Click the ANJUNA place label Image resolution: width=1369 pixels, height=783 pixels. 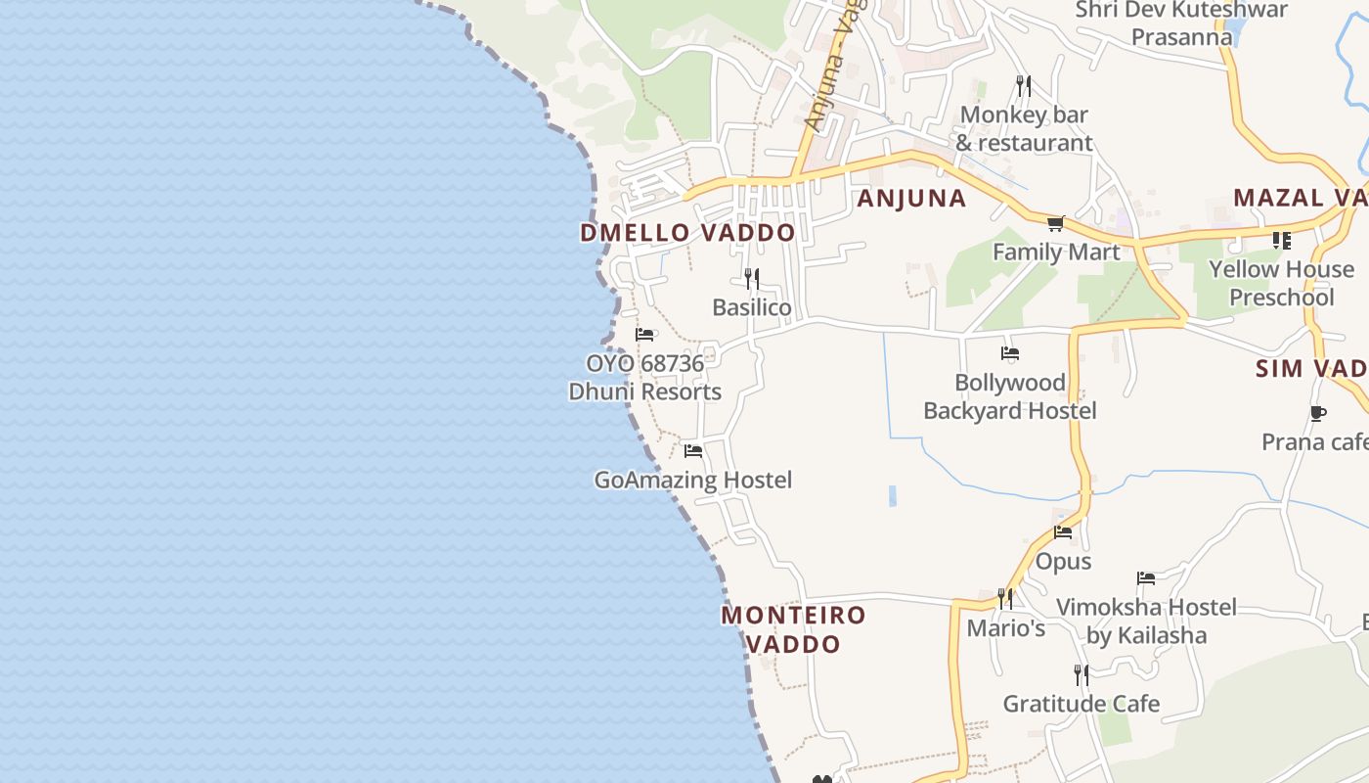click(911, 199)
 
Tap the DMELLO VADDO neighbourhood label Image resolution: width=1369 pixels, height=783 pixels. click(687, 233)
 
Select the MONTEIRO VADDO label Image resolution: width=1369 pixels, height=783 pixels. click(793, 629)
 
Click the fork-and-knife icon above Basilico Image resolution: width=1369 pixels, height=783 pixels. click(751, 279)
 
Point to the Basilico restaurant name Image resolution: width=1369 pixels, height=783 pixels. click(751, 307)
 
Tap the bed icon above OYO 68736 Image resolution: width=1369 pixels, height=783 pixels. click(644, 335)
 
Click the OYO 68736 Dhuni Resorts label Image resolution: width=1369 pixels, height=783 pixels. click(645, 378)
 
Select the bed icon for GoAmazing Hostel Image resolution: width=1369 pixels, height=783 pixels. click(693, 451)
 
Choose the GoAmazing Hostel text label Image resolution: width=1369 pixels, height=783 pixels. click(693, 480)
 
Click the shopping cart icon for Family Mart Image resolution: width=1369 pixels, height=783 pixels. click(1055, 224)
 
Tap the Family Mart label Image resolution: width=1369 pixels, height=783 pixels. click(1056, 253)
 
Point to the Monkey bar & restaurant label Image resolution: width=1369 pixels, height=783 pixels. click(1024, 128)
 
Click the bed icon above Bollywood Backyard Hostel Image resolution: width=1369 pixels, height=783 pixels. click(1010, 353)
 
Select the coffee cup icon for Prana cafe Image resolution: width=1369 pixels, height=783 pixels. click(1317, 413)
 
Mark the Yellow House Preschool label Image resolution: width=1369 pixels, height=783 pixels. click(1281, 283)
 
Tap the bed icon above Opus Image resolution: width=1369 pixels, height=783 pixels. click(1063, 532)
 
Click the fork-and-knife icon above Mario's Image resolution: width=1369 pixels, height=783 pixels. click(1005, 598)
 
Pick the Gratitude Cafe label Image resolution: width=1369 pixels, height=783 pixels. click(1082, 704)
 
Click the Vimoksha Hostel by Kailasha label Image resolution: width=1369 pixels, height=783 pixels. click(1146, 621)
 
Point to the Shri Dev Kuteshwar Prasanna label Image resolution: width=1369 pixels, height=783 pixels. click(1181, 23)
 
